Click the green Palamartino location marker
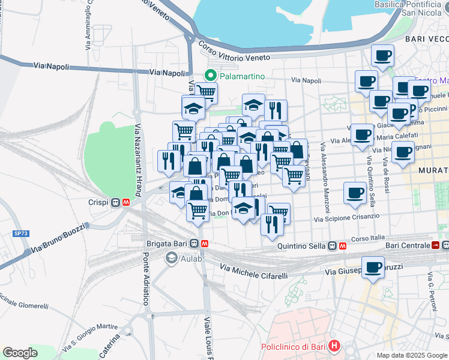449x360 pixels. coord(210,76)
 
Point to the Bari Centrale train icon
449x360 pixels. coord(436,245)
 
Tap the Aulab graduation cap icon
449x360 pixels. coord(172,257)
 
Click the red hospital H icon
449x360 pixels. coord(334,347)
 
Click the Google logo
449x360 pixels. coord(20,352)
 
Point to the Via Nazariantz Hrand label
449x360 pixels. coord(138,158)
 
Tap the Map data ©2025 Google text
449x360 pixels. coord(411,355)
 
